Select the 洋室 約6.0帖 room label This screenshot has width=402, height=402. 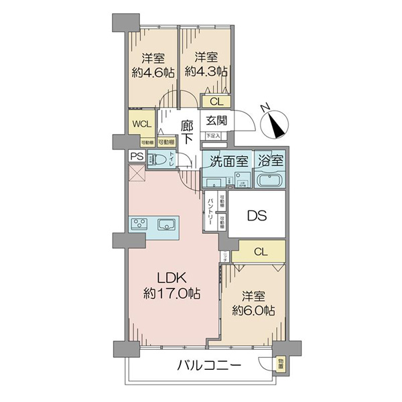click(253, 302)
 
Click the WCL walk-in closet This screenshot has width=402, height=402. click(141, 124)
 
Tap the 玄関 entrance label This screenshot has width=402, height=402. click(215, 121)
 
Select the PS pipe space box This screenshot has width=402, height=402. click(137, 157)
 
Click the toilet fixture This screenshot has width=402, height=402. click(159, 161)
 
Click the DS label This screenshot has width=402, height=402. click(257, 216)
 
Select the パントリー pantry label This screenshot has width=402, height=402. click(210, 210)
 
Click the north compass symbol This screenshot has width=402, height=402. click(275, 122)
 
